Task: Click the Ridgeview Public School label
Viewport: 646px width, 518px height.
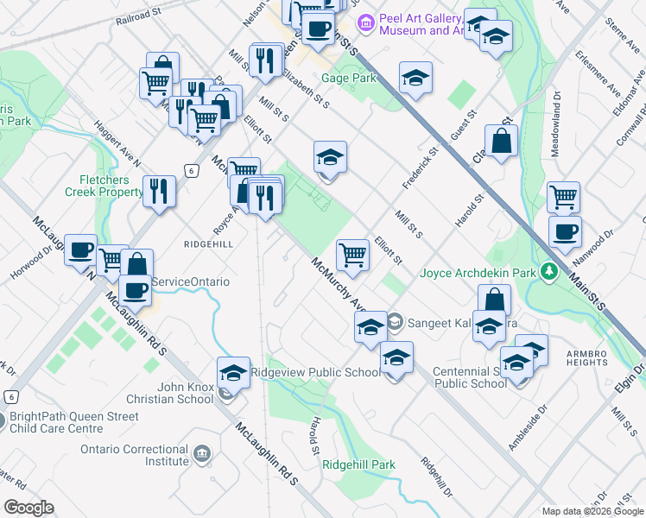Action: (314, 372)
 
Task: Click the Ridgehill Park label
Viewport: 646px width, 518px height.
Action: (358, 464)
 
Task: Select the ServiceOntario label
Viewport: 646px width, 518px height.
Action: (190, 282)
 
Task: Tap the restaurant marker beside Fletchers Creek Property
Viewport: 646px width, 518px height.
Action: (158, 190)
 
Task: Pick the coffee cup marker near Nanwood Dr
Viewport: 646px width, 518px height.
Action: (565, 231)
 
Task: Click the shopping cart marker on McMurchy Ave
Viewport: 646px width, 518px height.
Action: (352, 254)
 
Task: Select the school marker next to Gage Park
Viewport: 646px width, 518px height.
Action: (415, 77)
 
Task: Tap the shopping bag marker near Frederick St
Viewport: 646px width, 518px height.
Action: (501, 140)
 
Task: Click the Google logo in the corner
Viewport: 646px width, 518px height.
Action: (28, 508)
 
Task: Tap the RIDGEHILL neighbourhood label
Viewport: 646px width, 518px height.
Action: (208, 244)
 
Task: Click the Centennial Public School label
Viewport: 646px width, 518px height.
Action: (470, 377)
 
